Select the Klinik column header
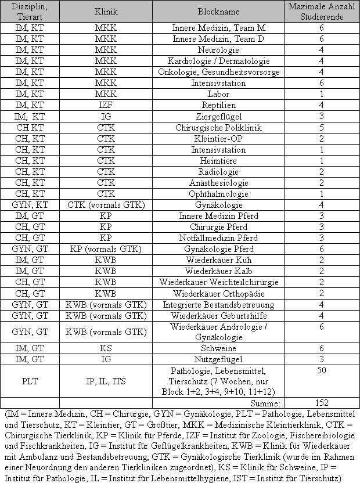(x=106, y=12)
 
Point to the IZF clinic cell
(x=106, y=106)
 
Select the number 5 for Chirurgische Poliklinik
(x=322, y=128)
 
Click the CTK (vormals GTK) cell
(x=106, y=205)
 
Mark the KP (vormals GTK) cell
(x=106, y=249)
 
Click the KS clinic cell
(x=106, y=348)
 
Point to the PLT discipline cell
(x=30, y=381)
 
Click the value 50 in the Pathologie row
(x=322, y=370)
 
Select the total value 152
(x=322, y=403)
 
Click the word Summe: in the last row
(x=267, y=403)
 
